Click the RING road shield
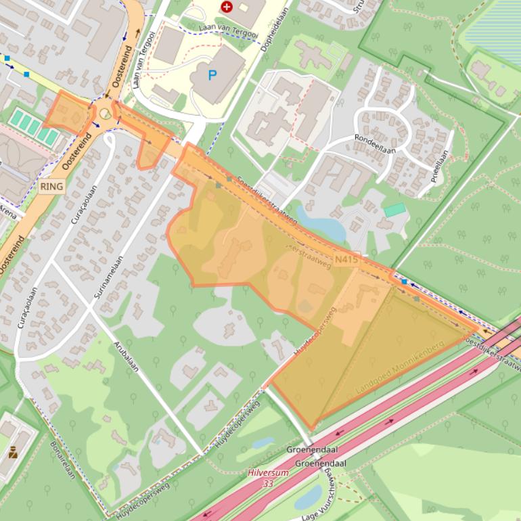click(52, 186)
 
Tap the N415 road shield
click(346, 259)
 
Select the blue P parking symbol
click(212, 74)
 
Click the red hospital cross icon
click(227, 7)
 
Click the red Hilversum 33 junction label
click(268, 478)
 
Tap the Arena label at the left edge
click(7, 211)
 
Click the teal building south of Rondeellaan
click(395, 210)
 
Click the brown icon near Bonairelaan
click(13, 453)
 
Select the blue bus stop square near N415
click(405, 280)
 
